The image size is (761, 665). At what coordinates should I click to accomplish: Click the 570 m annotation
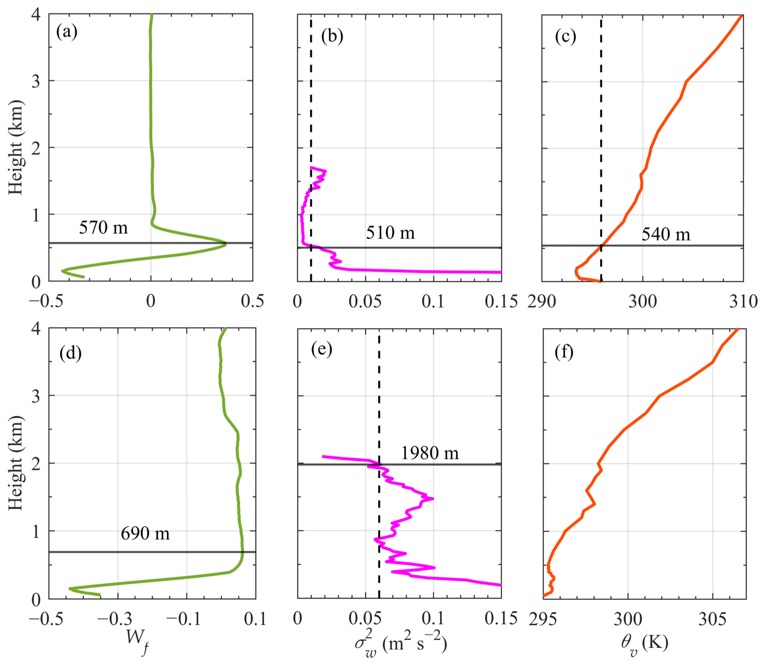pos(103,227)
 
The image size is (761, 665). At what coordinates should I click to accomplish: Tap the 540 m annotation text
pos(666,234)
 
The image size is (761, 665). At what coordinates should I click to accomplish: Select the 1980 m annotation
pos(430,453)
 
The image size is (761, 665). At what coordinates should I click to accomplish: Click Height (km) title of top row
pos(16,147)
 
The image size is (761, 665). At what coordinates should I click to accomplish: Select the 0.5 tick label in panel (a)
pos(252,301)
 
